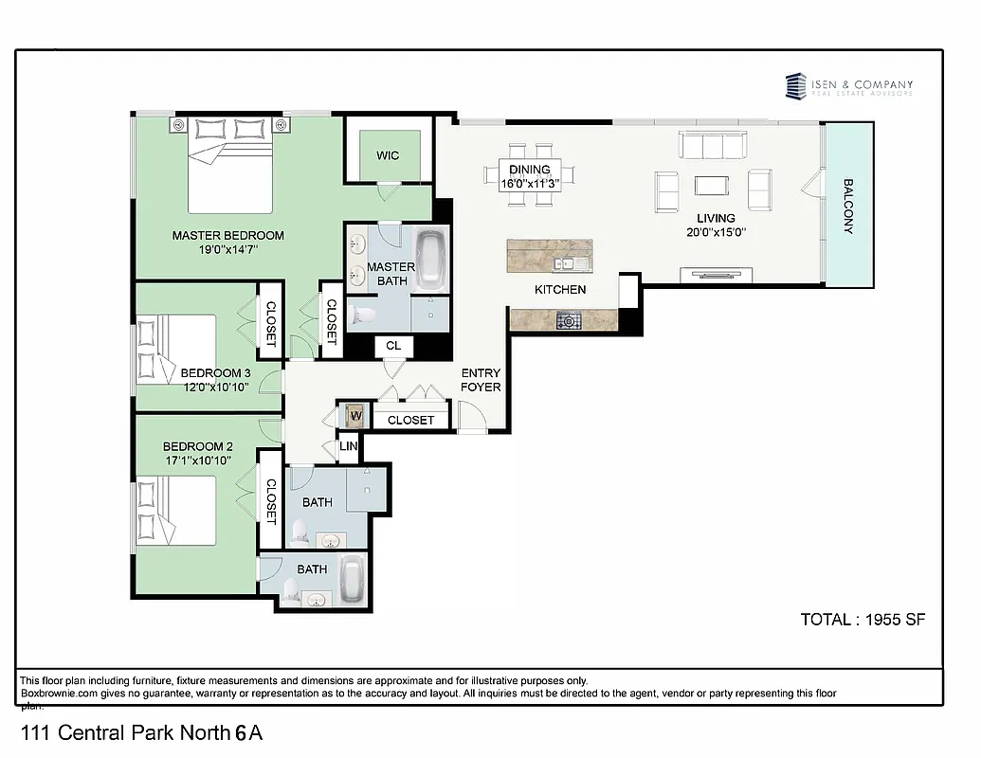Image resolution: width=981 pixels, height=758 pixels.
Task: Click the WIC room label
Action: tap(387, 155)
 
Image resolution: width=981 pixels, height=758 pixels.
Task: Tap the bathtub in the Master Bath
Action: tap(432, 258)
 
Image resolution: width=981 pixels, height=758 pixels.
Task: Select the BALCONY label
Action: tap(848, 207)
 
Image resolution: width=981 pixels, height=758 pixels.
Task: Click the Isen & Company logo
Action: tap(849, 86)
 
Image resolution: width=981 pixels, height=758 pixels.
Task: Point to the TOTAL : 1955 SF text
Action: tap(863, 620)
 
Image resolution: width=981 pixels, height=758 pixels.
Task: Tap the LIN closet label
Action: tap(349, 445)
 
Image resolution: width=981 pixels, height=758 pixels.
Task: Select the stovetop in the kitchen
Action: tap(570, 320)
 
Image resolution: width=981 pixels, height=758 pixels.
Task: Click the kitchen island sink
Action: tap(567, 264)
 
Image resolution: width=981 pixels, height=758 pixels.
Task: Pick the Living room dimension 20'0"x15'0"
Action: tap(716, 232)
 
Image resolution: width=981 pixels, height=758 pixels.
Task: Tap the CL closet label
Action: tap(393, 346)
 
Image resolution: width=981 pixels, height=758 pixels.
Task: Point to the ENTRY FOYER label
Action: tap(480, 380)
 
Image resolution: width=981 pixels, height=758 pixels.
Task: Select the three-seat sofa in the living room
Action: tap(714, 145)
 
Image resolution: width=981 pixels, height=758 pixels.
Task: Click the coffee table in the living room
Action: tap(713, 185)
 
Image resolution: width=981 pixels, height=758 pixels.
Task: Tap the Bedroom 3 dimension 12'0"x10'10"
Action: tap(214, 387)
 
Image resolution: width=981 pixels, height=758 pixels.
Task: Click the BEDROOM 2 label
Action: tap(197, 446)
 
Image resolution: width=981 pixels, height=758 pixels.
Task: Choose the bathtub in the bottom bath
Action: tap(353, 579)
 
